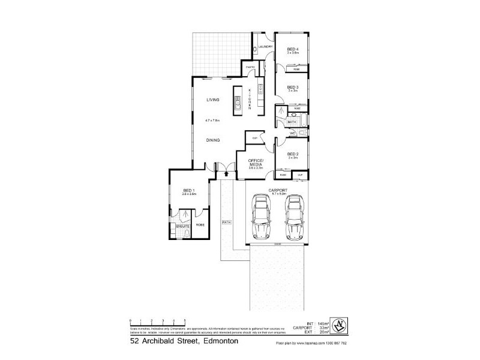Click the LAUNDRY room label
point(266,47)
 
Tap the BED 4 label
point(292,49)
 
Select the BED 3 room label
point(292,88)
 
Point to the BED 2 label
point(292,154)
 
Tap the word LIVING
point(213,100)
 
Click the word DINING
point(213,140)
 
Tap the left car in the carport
point(262,217)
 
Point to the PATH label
point(227,222)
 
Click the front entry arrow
point(226,174)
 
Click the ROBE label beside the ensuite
point(199,226)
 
